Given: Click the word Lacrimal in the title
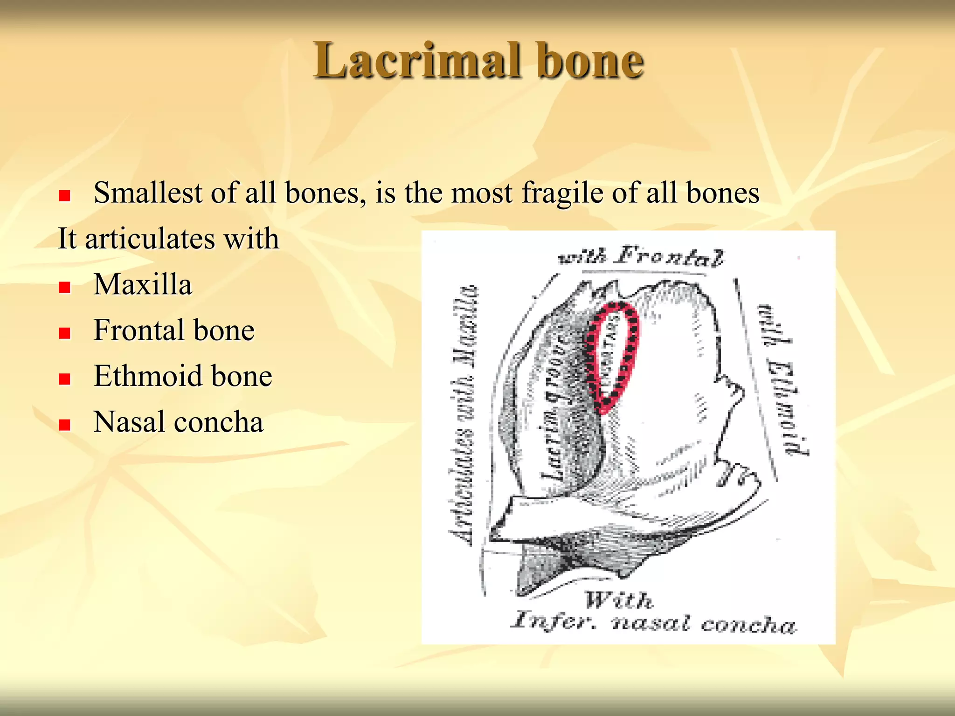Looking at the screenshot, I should pos(416,61).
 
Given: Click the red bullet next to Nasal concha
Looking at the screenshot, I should pos(64,424).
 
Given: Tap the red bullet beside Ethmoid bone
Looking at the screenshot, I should pos(64,379).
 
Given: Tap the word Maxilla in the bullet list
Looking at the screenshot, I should pos(143,284).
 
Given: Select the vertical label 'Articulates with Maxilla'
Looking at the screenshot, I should pos(464,415).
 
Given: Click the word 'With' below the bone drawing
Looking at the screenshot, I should pos(619,600).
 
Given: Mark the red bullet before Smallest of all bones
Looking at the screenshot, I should pos(64,195).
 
